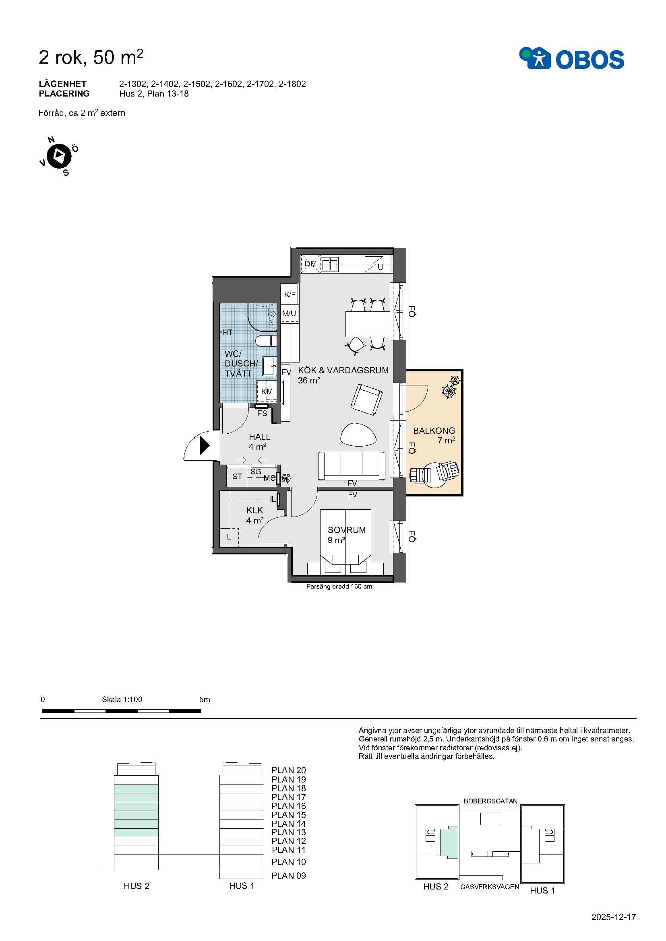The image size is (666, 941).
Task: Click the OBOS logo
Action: tap(571, 59)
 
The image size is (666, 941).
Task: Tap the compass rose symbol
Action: tap(59, 156)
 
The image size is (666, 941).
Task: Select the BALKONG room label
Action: tap(434, 431)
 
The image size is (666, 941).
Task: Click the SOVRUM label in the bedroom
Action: tap(347, 530)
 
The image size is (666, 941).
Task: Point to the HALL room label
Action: tap(260, 437)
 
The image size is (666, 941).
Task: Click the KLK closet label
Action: tap(254, 510)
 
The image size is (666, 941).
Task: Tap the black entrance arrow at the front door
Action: tap(204, 445)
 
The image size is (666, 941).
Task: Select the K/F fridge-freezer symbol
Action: tap(290, 294)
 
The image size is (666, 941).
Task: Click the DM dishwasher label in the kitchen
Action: tap(310, 264)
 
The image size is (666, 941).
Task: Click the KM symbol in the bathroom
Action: tap(267, 391)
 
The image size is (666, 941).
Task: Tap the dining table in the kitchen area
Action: tap(367, 324)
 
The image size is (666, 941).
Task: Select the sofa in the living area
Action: tap(352, 465)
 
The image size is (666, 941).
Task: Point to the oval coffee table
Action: tap(359, 434)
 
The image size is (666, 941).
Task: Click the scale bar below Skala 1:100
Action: tap(122, 710)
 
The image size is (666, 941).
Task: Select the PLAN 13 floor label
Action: tap(289, 832)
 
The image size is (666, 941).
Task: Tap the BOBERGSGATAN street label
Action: tap(490, 801)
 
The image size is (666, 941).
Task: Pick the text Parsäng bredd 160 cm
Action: tap(339, 587)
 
